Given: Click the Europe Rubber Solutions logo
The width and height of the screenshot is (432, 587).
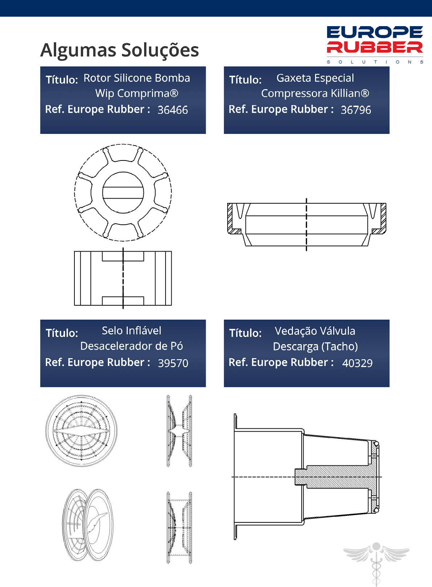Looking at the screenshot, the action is (x=375, y=45).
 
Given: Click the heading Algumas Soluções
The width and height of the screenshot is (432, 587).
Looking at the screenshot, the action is (x=119, y=50).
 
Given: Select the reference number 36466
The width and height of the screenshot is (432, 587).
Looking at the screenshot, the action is (x=173, y=110).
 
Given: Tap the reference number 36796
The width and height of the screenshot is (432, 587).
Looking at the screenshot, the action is (x=356, y=110).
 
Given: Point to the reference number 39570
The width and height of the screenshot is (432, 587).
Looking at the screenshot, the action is (x=173, y=363).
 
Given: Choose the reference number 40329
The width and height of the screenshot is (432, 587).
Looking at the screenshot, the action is (x=357, y=363).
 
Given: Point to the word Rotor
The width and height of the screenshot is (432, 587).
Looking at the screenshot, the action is (x=97, y=78).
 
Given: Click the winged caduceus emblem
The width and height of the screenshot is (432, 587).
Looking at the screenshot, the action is (x=376, y=563).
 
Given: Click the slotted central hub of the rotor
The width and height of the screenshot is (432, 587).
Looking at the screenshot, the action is (x=123, y=193).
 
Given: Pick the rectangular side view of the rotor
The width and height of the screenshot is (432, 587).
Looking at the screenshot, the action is (x=123, y=278).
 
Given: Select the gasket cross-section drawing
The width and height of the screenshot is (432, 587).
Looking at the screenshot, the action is (x=306, y=225).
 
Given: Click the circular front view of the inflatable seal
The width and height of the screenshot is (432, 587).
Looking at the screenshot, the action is (x=81, y=431).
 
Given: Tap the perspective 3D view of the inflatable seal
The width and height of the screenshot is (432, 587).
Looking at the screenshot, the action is (x=88, y=525).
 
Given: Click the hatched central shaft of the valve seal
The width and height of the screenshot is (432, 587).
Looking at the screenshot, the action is (x=338, y=477).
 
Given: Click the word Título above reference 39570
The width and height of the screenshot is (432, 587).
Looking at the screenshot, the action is (x=62, y=333).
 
